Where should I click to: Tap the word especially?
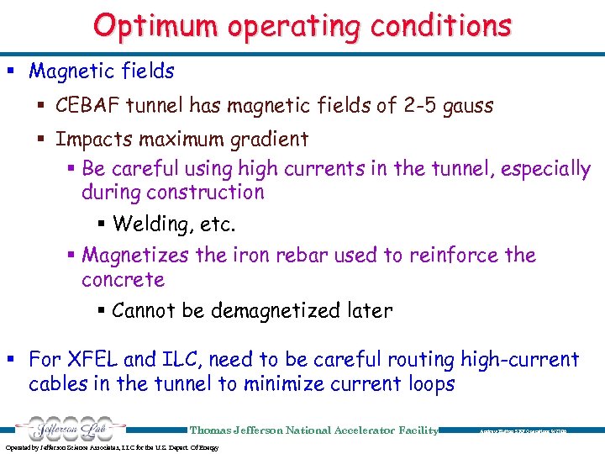[x=545, y=169]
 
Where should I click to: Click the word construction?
[x=205, y=193]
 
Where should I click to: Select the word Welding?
[x=149, y=224]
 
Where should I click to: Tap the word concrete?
[x=123, y=279]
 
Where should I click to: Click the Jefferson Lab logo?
[x=67, y=428]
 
